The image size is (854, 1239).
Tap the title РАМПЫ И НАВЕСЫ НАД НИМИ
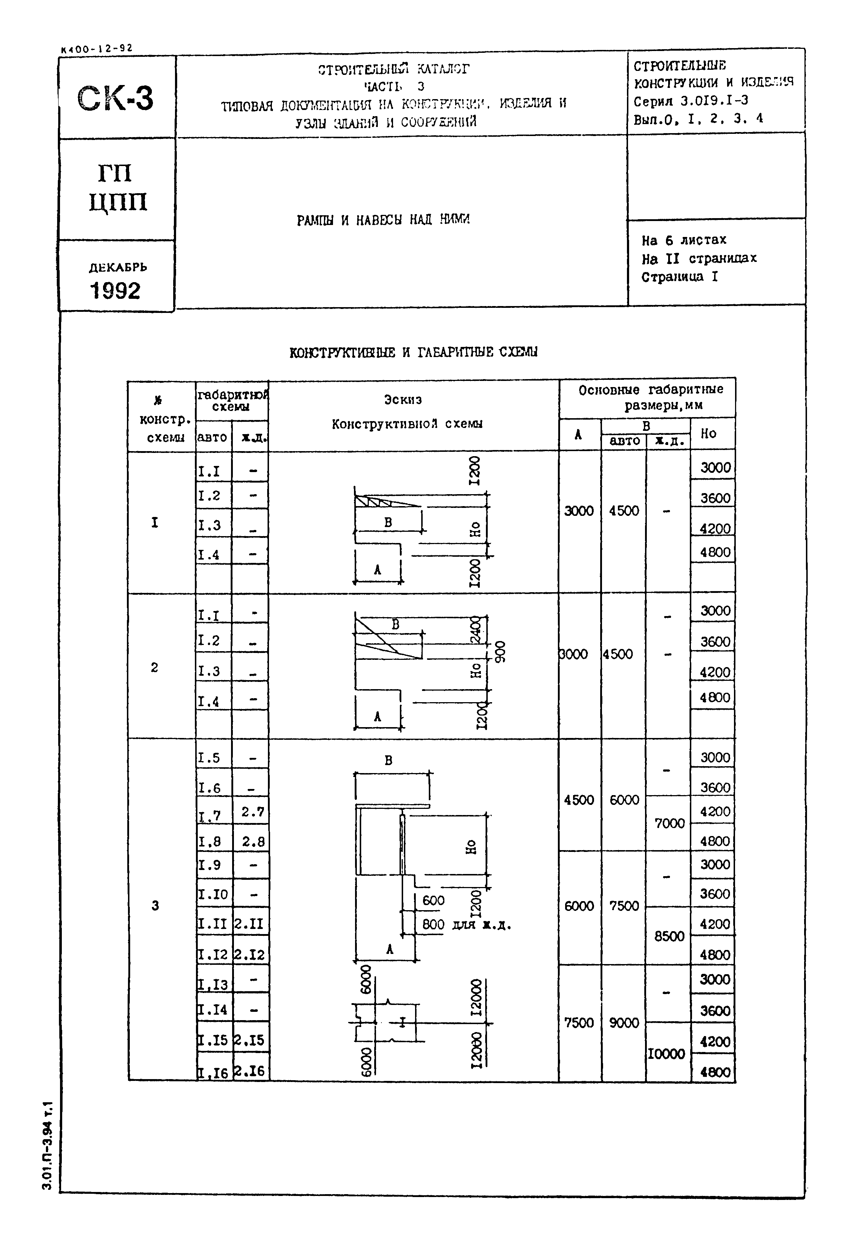383,220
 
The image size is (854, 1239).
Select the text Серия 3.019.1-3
691,101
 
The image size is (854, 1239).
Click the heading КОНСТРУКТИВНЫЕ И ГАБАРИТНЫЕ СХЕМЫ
413,352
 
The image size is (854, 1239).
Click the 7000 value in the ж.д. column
669,823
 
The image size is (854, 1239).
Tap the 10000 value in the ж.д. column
667,1054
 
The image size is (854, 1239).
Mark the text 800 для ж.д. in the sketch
466,925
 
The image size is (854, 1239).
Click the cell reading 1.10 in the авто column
213,894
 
